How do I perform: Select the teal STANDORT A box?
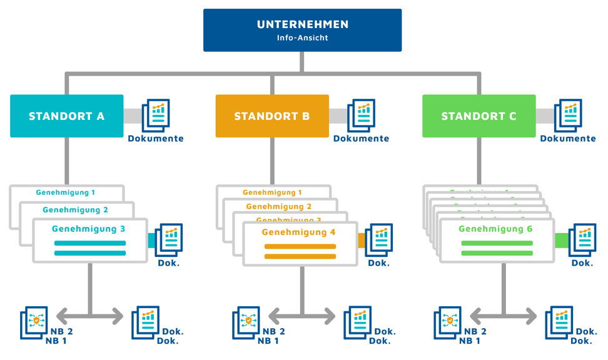(x=66, y=116)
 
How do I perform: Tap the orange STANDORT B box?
(x=272, y=116)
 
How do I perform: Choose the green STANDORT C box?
(x=479, y=116)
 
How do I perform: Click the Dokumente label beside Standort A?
(x=156, y=139)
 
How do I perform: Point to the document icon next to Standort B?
(x=361, y=115)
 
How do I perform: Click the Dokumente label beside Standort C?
(x=568, y=139)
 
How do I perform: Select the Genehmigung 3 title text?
(x=88, y=229)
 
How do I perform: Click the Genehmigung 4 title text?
(x=298, y=232)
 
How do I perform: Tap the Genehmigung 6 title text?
(x=495, y=229)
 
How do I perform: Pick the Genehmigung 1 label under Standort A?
(x=65, y=192)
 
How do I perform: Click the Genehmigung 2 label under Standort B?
(x=278, y=206)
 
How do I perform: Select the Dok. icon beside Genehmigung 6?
(x=582, y=240)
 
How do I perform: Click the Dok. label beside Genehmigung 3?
(x=168, y=263)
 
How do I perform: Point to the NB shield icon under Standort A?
(x=35, y=322)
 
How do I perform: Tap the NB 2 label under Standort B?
(x=273, y=331)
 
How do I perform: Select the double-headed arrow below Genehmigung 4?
(x=302, y=316)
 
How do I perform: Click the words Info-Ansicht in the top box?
(x=302, y=37)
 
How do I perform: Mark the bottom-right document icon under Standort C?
(x=559, y=322)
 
